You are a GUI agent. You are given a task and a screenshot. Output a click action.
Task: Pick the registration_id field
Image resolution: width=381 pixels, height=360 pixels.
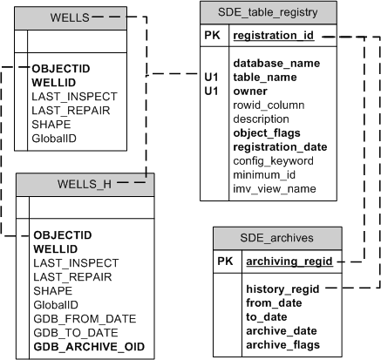click(x=275, y=37)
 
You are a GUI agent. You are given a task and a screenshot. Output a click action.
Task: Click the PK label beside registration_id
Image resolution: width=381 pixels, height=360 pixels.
click(x=213, y=37)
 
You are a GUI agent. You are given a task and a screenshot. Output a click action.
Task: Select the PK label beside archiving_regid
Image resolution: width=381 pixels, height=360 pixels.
click(x=225, y=262)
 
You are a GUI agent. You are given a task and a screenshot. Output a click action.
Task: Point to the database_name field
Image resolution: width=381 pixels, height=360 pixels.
click(x=276, y=64)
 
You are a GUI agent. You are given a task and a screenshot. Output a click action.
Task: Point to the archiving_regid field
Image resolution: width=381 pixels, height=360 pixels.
click(x=289, y=262)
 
